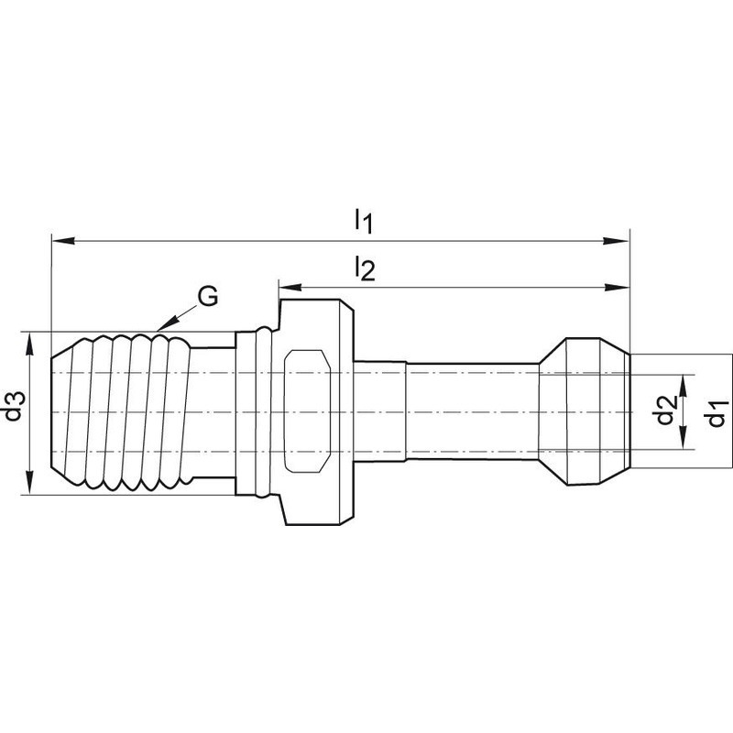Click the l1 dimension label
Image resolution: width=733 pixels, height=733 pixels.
click(363, 221)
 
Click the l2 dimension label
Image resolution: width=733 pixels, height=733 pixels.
click(365, 268)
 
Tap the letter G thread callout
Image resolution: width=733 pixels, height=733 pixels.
click(207, 296)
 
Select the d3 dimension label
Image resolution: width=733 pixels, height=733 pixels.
click(14, 406)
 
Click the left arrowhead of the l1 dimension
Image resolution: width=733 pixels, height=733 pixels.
click(63, 241)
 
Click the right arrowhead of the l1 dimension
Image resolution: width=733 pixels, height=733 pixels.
click(616, 241)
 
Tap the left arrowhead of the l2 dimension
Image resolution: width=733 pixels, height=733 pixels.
click(290, 287)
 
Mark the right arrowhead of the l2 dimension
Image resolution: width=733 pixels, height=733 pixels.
click(616, 288)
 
